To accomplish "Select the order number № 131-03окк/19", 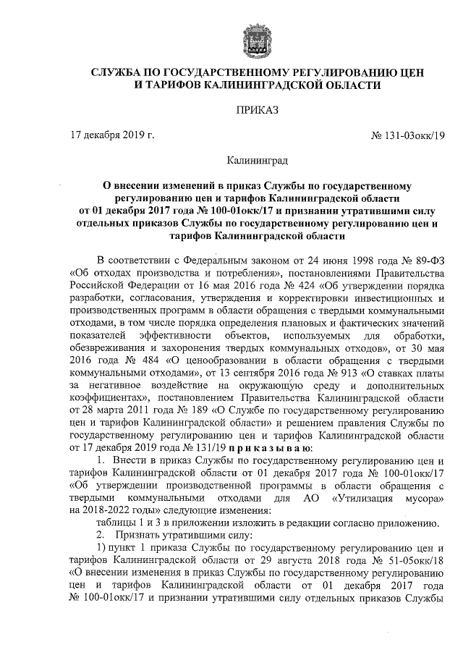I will pyautogui.click(x=403, y=135).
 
